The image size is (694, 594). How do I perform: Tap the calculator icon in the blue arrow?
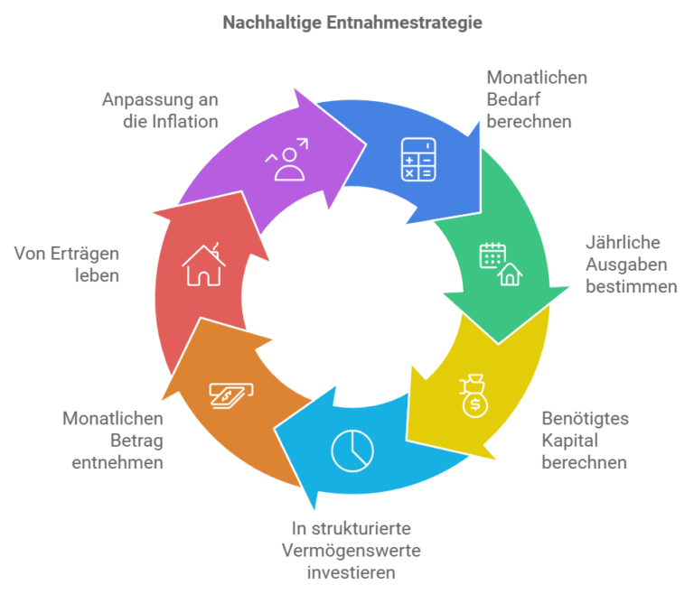tap(417, 158)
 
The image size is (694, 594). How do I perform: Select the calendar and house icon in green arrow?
tap(500, 264)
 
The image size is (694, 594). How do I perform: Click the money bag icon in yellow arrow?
tap(474, 395)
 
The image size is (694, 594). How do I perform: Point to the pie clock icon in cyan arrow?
tap(352, 451)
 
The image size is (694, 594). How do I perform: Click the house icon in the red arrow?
tap(202, 265)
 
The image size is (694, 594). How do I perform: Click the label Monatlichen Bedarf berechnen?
tap(536, 99)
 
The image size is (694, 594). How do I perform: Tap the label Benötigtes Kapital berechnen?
tap(585, 441)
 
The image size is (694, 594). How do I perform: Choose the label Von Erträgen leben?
tap(67, 265)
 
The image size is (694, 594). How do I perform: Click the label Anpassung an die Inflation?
tap(160, 110)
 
